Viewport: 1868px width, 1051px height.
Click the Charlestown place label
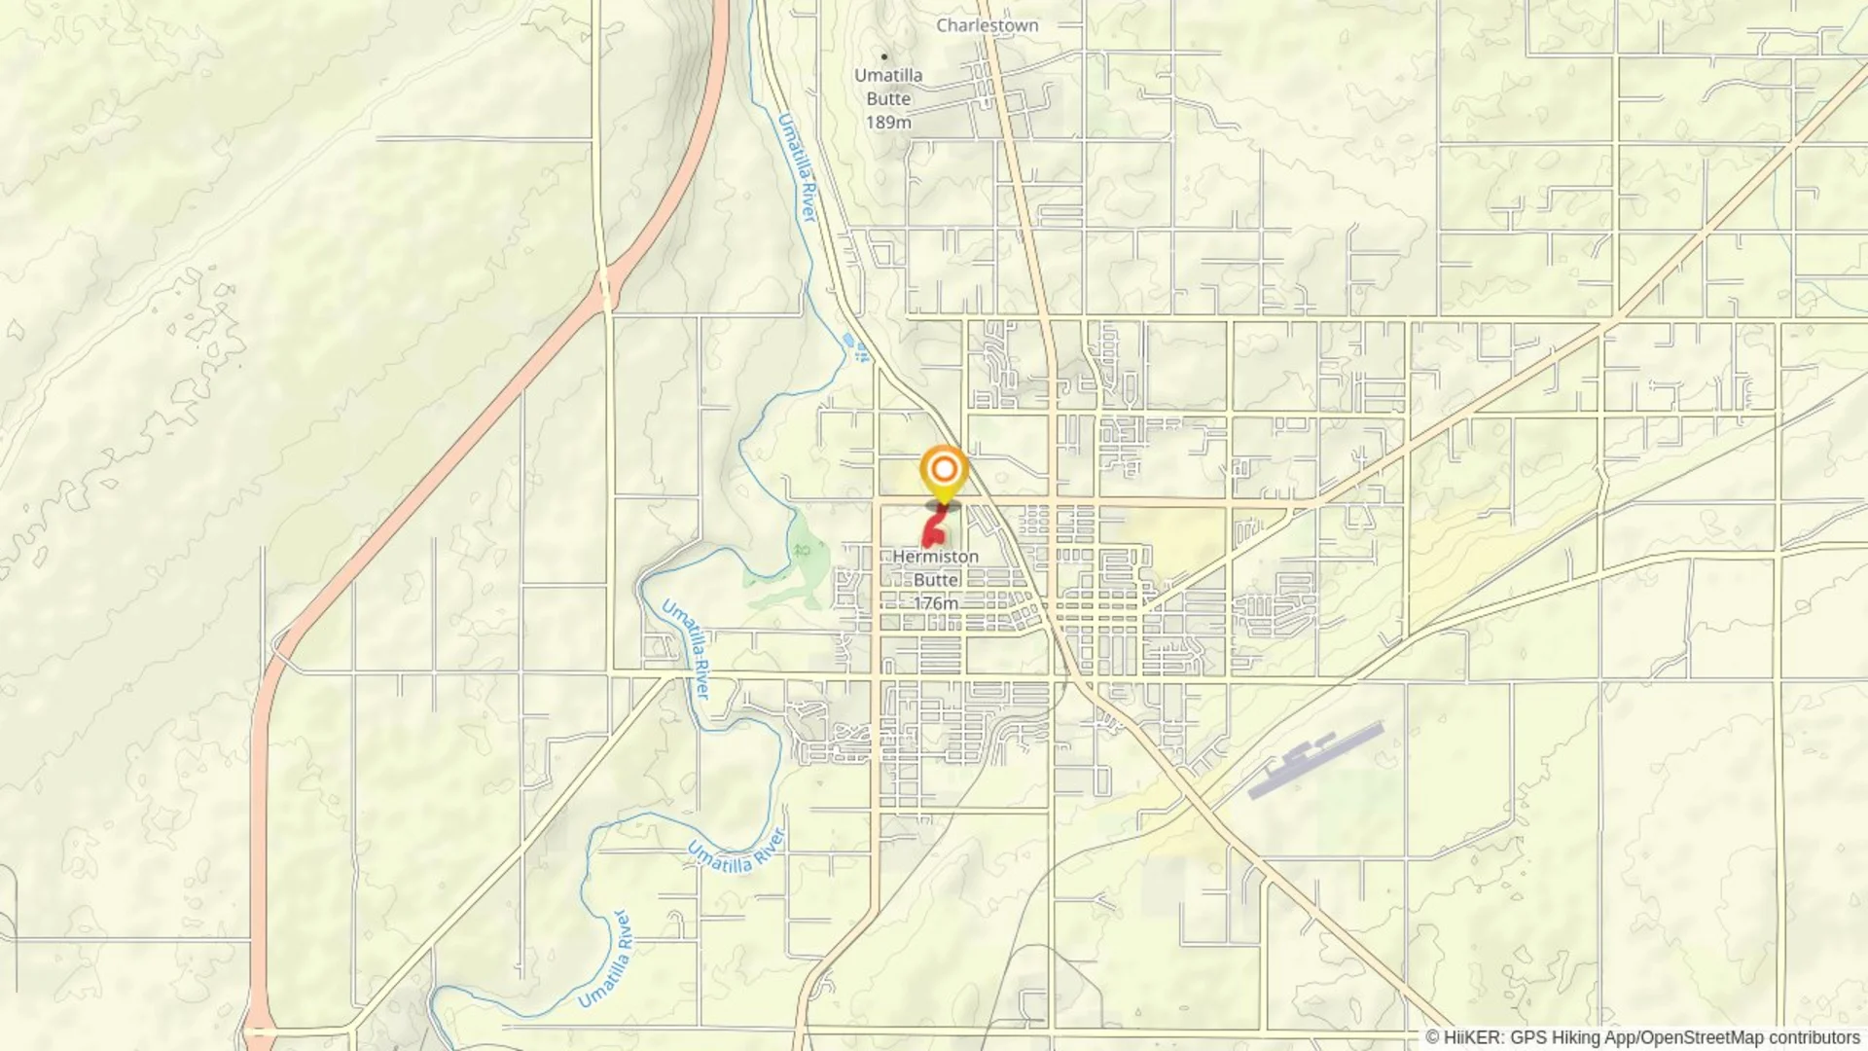click(x=987, y=25)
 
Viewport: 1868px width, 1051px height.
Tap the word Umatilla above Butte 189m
click(x=888, y=75)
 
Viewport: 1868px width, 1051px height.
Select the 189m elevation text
click(x=888, y=122)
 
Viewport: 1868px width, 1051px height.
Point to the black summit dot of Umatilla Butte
click(x=883, y=56)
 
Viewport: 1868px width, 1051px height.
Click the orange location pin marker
click(x=943, y=471)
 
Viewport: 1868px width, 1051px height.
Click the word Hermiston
click(x=935, y=557)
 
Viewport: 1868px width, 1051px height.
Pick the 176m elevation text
click(x=935, y=603)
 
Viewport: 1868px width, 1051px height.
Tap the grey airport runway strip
click(x=1314, y=760)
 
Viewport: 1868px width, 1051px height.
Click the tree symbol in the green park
click(x=802, y=551)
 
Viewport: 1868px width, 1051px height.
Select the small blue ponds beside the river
click(x=855, y=346)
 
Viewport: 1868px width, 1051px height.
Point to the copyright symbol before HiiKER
click(x=1432, y=1037)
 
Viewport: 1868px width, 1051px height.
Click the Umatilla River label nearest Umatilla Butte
click(x=796, y=166)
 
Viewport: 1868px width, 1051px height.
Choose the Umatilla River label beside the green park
click(x=687, y=648)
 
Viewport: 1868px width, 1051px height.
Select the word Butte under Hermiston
click(x=935, y=580)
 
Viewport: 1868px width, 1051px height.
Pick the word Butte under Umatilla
click(x=888, y=98)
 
